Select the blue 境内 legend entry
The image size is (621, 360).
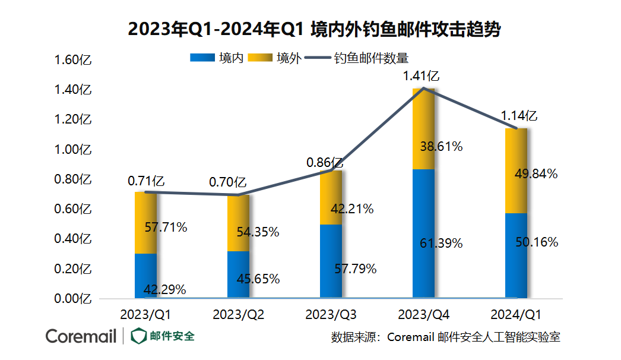tap(217, 58)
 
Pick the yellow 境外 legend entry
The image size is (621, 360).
tap(274, 58)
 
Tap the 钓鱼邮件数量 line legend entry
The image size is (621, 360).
tap(356, 58)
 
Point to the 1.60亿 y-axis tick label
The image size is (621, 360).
tap(72, 60)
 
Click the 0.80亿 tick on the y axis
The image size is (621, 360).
tap(72, 179)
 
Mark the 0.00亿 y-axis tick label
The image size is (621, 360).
tap(72, 299)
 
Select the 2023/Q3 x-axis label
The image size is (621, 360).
tap(331, 314)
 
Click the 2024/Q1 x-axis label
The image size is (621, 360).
tap(517, 314)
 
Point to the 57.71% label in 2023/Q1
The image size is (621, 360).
tap(166, 227)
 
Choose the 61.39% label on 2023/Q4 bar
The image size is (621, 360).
tap(441, 243)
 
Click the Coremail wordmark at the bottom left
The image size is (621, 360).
tap(81, 336)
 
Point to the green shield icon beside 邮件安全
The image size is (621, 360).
tap(138, 336)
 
